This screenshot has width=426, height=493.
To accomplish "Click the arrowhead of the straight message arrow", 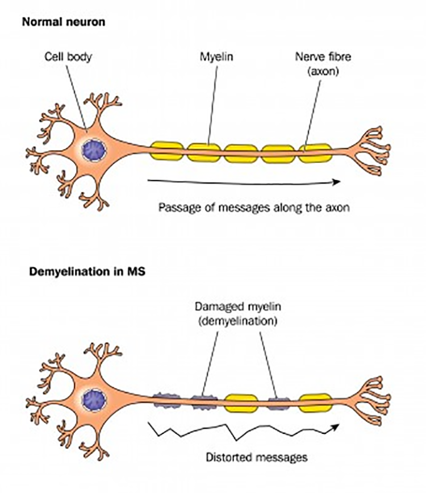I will tap(337, 181).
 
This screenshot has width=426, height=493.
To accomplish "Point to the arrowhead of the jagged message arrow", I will tap(337, 426).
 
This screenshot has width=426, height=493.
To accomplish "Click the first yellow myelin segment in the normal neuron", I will tap(168, 152).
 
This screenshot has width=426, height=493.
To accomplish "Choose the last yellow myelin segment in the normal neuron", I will tap(315, 152).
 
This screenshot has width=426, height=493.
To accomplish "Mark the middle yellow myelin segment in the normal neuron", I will tap(241, 152).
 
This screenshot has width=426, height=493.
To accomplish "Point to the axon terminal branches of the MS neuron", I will tap(372, 398).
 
